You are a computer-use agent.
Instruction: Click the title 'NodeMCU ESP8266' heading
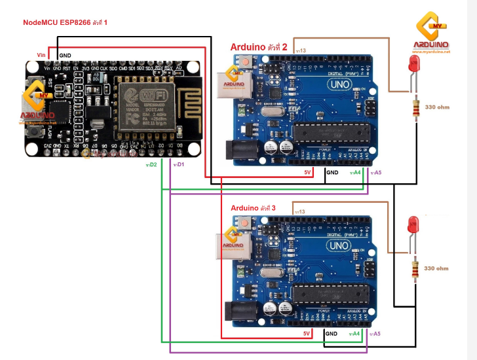pos(65,22)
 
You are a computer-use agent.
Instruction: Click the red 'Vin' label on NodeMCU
pos(41,54)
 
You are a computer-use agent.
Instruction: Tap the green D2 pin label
pos(151,165)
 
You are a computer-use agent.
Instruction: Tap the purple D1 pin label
pos(178,165)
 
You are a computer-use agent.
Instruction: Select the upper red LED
pos(414,64)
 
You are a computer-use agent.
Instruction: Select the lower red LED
pos(413,225)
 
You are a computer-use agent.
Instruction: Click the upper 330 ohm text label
pos(437,107)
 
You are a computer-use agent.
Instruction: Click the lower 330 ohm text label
pos(436,268)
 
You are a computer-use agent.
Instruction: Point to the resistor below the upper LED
pos(414,108)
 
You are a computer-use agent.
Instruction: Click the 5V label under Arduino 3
pos(307,333)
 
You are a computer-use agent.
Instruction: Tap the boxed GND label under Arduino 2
pos(332,172)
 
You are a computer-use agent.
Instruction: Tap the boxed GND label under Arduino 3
pos(332,333)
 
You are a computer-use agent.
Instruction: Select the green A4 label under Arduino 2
pos(356,172)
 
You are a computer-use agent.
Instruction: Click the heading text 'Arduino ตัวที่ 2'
pos(259,47)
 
